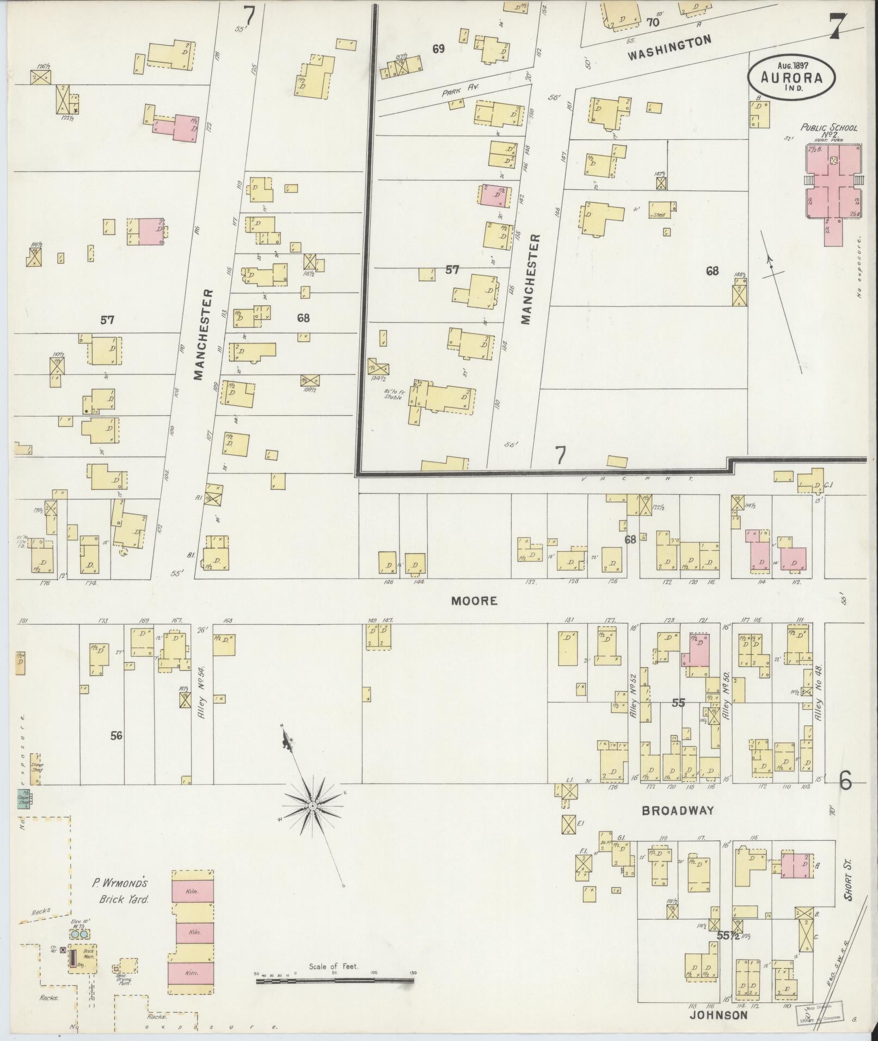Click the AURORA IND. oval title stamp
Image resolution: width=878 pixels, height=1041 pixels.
792,76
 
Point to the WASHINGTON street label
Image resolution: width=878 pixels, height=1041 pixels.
670,48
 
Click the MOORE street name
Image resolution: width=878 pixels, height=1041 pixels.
466,601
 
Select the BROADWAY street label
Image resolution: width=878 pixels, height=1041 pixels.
677,810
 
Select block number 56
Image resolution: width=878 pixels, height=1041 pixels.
116,736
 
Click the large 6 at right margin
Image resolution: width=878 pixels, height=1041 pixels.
845,781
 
